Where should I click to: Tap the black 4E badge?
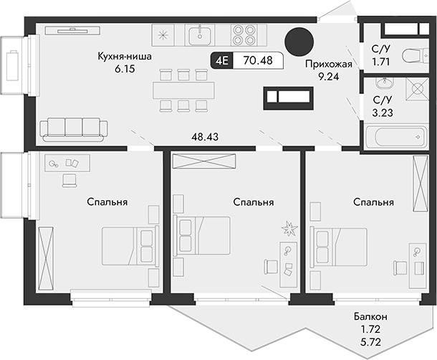click(221, 60)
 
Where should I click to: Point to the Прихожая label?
click(327, 64)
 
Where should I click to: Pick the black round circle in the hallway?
click(298, 41)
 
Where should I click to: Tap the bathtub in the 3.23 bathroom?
click(394, 138)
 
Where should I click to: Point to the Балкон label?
click(370, 316)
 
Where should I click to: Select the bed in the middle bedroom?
click(203, 236)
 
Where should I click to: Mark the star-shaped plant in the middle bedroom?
click(289, 229)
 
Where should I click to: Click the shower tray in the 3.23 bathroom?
click(414, 89)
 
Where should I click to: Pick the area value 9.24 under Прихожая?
click(327, 76)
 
